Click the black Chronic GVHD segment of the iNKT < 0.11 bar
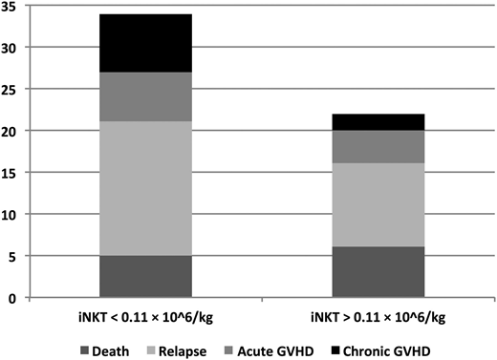point(145,43)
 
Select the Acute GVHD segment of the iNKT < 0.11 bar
point(145,96)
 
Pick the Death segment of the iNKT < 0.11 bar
point(145,276)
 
